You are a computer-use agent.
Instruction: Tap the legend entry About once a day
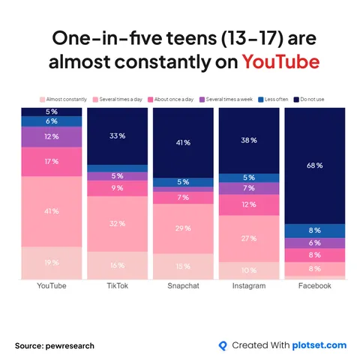pyautogui.click(x=175, y=99)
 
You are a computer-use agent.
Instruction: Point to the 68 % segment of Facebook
pyautogui.click(x=314, y=165)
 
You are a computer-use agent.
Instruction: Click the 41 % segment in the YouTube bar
pyautogui.click(x=52, y=211)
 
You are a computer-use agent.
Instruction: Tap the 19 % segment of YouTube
pyautogui.click(x=52, y=262)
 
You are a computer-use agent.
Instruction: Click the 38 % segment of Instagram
pyautogui.click(x=248, y=140)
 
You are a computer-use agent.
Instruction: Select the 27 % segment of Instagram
pyautogui.click(x=248, y=238)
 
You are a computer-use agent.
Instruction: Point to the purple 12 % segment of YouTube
pyautogui.click(x=52, y=137)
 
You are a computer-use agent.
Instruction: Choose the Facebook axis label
pyautogui.click(x=314, y=286)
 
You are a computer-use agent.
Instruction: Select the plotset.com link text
pyautogui.click(x=319, y=345)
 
